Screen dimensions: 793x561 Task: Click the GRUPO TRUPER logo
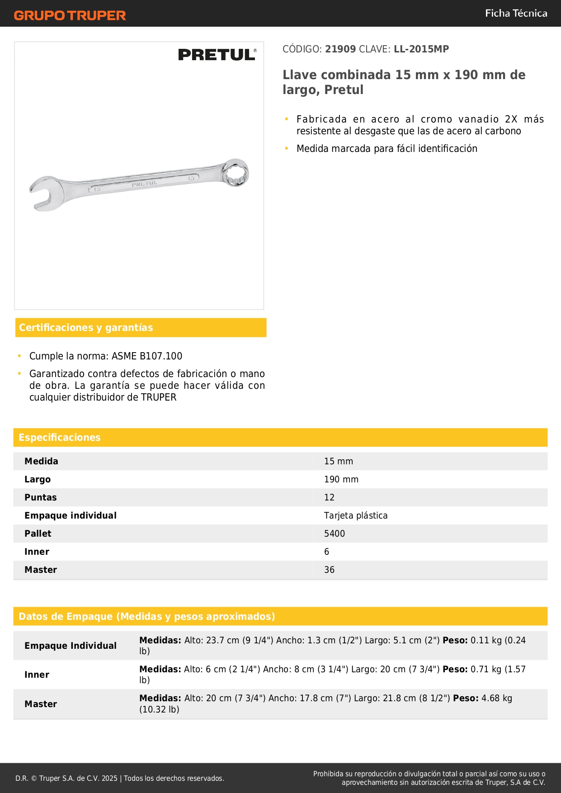[70, 15]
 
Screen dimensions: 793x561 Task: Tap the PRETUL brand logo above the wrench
[217, 55]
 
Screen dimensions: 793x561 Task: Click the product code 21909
[340, 49]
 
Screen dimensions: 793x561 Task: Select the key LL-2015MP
[421, 49]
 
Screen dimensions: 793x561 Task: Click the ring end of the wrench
[236, 172]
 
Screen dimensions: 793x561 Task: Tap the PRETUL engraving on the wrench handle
[145, 184]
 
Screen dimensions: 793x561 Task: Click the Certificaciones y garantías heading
[86, 328]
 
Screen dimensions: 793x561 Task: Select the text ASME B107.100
[147, 356]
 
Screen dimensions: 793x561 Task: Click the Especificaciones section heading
[60, 438]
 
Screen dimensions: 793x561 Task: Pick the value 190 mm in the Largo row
[341, 479]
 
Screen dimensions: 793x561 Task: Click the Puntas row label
[41, 497]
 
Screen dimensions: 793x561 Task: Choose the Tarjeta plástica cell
[356, 515]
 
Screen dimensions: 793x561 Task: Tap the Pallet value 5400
[335, 533]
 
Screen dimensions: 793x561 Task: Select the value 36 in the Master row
[329, 570]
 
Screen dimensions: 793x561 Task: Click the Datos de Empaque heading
[147, 617]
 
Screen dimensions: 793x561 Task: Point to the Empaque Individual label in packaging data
[71, 646]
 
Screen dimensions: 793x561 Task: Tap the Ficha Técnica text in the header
[516, 14]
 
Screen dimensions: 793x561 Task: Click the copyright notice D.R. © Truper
[120, 778]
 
